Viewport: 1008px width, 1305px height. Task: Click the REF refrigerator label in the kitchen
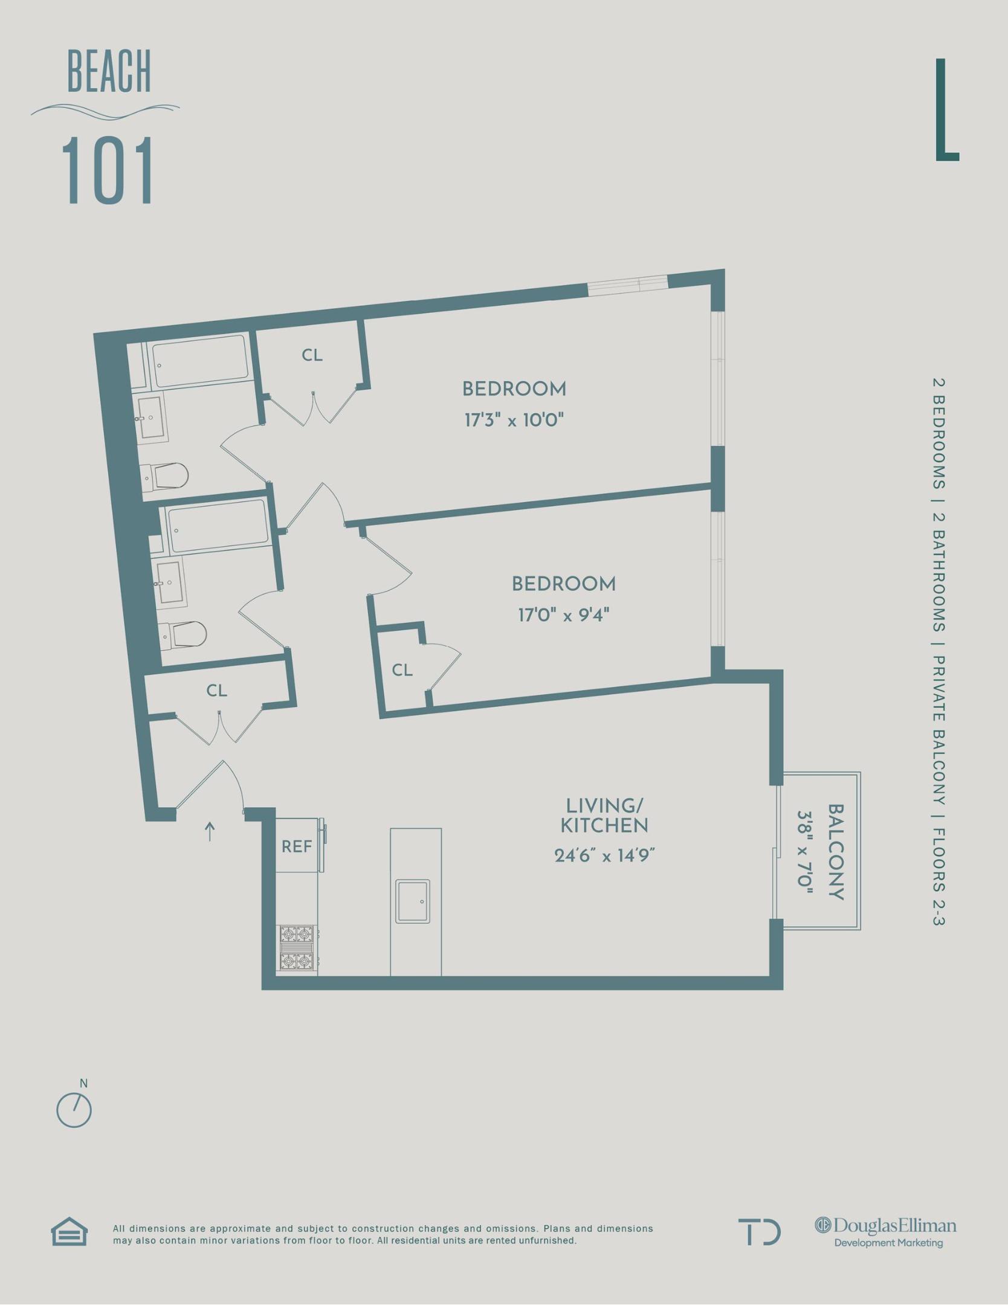[x=297, y=846]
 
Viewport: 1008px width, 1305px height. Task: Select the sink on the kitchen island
[x=413, y=901]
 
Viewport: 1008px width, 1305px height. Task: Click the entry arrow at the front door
[x=210, y=831]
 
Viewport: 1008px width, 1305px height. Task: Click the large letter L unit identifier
[x=946, y=110]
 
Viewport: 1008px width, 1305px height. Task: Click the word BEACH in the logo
[x=109, y=72]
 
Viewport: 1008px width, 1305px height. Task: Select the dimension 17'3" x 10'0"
[x=514, y=420]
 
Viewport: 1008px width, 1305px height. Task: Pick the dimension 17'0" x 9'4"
[x=563, y=615]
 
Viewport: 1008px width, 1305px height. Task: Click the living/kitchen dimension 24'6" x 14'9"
[x=604, y=855]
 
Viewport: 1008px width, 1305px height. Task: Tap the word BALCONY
[x=835, y=852]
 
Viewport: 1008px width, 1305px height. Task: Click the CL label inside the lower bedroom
[x=402, y=670]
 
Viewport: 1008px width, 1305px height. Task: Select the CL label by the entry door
[x=216, y=691]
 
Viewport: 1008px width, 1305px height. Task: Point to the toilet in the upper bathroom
[x=166, y=476]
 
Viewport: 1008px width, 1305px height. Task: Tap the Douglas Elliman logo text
[x=887, y=1226]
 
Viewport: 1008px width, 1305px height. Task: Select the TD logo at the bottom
[x=759, y=1232]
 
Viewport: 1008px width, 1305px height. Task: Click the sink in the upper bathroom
[x=150, y=417]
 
